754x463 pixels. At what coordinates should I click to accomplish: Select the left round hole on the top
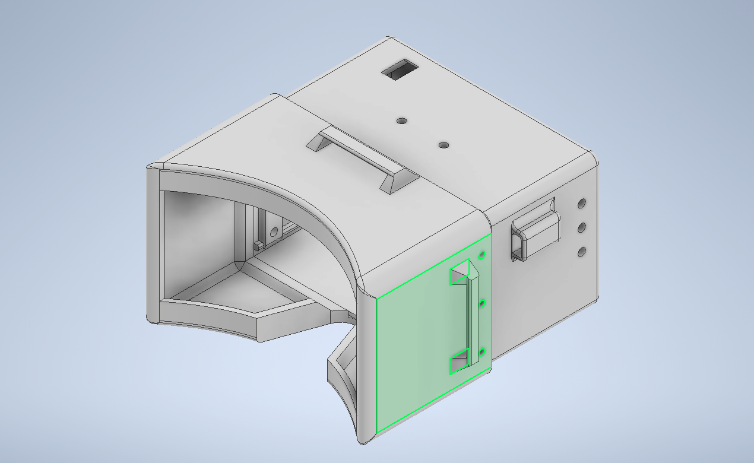pyautogui.click(x=402, y=120)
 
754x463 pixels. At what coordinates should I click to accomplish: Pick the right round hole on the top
pyautogui.click(x=443, y=145)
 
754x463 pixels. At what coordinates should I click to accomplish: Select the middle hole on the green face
pyautogui.click(x=482, y=303)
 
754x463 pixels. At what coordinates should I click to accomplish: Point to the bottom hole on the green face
pyautogui.click(x=481, y=351)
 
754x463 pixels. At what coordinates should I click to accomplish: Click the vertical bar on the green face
pyautogui.click(x=472, y=315)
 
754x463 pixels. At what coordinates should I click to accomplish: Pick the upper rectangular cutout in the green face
pyautogui.click(x=458, y=274)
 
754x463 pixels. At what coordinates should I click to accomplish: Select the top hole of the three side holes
pyautogui.click(x=581, y=204)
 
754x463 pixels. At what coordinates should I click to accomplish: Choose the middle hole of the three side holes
pyautogui.click(x=581, y=227)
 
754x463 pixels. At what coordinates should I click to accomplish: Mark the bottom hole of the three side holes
pyautogui.click(x=581, y=252)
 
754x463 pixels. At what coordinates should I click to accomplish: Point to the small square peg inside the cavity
pyautogui.click(x=259, y=245)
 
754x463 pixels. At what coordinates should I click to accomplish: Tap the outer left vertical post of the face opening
pyautogui.click(x=153, y=243)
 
